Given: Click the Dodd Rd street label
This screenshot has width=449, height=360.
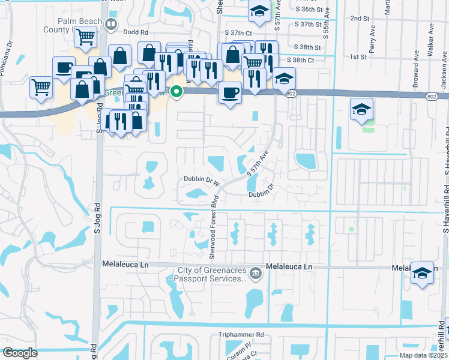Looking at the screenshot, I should (x=136, y=32).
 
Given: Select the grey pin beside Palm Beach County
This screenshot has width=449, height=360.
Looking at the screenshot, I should (x=110, y=24).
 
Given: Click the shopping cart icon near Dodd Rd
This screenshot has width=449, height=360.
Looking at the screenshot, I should (x=85, y=37).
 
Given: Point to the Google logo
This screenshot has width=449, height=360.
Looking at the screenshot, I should (x=20, y=352).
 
